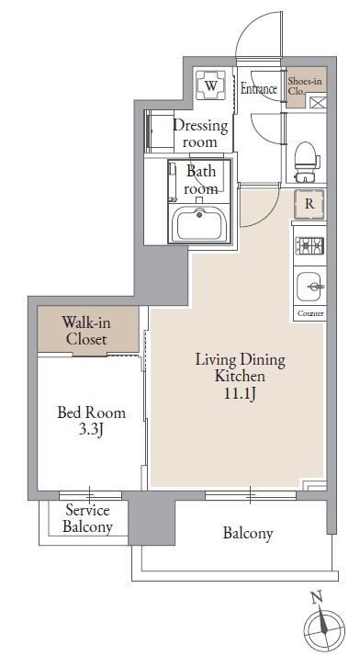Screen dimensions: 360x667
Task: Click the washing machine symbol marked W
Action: click(211, 85)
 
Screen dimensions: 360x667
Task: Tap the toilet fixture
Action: click(306, 161)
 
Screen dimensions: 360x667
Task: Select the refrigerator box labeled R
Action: click(309, 204)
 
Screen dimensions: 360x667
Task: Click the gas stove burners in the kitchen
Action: click(309, 246)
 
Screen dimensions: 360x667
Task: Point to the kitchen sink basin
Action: click(309, 287)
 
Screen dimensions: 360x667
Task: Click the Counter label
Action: click(310, 313)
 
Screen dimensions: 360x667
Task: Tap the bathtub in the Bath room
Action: click(199, 223)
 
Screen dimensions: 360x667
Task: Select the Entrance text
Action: click(259, 88)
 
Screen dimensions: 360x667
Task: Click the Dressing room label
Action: click(200, 133)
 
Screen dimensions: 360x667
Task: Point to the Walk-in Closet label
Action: click(86, 331)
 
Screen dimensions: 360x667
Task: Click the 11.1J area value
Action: click(240, 394)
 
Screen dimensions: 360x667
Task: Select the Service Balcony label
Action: click(87, 518)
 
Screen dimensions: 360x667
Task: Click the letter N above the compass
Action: click(316, 598)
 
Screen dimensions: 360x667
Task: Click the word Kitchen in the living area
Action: click(240, 376)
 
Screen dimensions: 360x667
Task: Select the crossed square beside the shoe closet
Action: click(317, 103)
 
